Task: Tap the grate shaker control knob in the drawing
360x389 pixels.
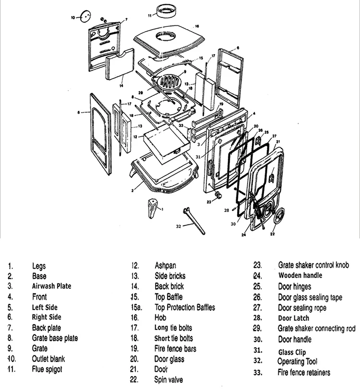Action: pyautogui.click(x=217, y=194)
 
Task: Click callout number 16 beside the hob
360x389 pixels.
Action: pyautogui.click(x=197, y=26)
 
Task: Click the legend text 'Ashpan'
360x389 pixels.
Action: pyautogui.click(x=166, y=265)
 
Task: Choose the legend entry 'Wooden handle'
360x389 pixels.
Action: pyautogui.click(x=300, y=275)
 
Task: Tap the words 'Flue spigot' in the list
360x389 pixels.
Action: pyautogui.click(x=47, y=369)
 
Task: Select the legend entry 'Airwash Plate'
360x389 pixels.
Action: pyautogui.click(x=51, y=286)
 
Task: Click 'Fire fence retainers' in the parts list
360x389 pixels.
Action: pyautogui.click(x=304, y=372)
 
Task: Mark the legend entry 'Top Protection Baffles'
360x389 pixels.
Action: pyautogui.click(x=185, y=307)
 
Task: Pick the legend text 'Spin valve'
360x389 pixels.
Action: pyautogui.click(x=168, y=380)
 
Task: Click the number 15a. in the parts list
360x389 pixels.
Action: pyautogui.click(x=136, y=307)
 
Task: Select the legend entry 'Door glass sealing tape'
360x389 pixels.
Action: pyautogui.click(x=310, y=297)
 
